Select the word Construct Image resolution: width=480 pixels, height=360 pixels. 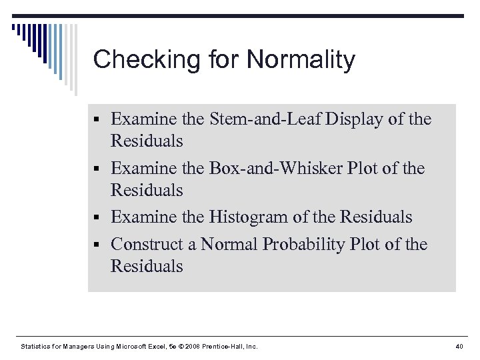[149, 244]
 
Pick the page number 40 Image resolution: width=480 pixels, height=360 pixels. [458, 346]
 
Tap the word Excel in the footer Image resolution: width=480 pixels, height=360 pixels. [162, 346]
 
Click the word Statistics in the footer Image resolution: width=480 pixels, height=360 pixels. [36, 346]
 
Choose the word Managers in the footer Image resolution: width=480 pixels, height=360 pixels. [82, 346]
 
